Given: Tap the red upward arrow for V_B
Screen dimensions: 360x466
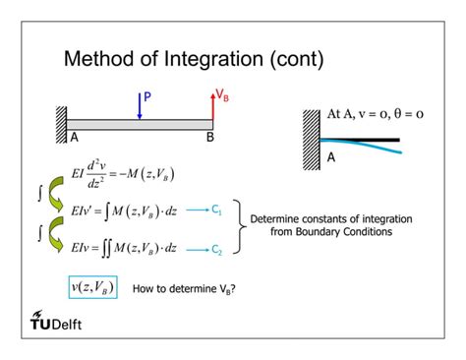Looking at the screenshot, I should click(213, 105).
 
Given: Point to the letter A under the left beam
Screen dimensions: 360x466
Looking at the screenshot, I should click(72, 137).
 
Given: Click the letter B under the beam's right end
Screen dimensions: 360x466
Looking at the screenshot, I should click(208, 137).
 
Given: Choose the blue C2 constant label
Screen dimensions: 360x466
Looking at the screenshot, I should click(218, 250).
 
